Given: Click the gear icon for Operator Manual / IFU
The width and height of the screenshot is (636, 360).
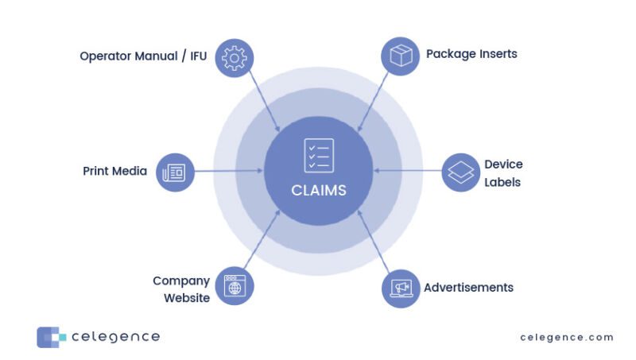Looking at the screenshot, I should tap(234, 58).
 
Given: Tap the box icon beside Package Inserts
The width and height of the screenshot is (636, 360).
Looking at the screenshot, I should tap(401, 56).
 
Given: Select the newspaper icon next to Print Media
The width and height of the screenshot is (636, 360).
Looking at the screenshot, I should tap(174, 172).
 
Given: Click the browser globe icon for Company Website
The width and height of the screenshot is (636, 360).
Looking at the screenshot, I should tap(234, 287).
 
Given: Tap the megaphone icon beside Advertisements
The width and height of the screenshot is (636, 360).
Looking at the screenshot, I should tap(401, 288).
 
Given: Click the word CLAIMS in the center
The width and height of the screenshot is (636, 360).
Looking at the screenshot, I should tap(318, 191).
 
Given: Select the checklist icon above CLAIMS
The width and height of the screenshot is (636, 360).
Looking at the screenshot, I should tap(319, 156).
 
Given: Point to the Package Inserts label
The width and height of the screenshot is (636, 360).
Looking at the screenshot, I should tap(471, 54).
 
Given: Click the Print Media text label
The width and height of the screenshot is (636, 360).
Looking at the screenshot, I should tap(114, 171).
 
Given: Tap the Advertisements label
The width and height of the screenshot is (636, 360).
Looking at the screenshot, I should tap(468, 287).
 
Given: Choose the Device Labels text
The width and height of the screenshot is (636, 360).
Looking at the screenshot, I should tap(503, 173).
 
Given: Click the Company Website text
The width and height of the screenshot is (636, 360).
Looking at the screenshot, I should tap(181, 289).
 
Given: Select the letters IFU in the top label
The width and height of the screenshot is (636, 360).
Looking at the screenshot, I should tap(197, 57).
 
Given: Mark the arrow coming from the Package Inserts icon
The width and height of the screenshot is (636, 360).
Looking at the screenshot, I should tap(374, 99).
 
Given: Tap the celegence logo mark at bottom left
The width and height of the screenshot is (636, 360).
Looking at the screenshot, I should tap(49, 337).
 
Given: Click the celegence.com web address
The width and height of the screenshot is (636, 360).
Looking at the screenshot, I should tap(567, 337).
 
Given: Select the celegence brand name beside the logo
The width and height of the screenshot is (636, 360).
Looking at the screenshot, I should tap(115, 337).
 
